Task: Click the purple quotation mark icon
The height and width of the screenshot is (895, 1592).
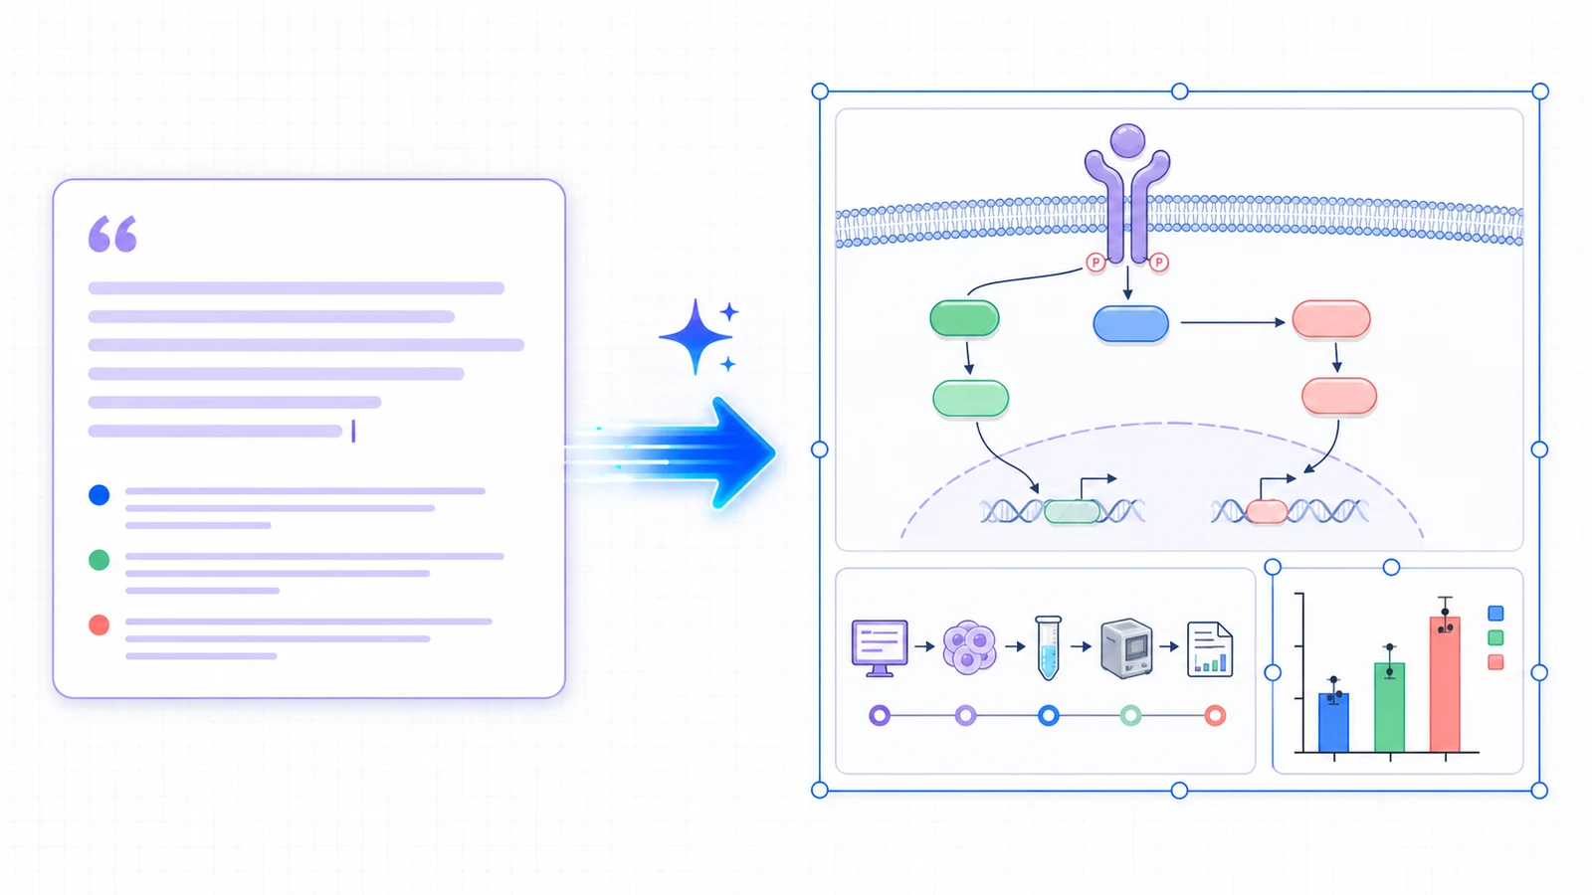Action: (x=112, y=234)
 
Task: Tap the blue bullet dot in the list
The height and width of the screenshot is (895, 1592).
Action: (x=99, y=494)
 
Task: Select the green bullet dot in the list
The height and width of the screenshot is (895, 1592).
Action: (x=99, y=560)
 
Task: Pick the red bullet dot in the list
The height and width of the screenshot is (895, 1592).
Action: (x=99, y=626)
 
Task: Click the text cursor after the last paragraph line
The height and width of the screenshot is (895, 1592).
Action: (x=353, y=432)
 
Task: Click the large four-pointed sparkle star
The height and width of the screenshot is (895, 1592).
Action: (x=696, y=337)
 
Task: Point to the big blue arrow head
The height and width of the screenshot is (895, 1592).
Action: (x=742, y=453)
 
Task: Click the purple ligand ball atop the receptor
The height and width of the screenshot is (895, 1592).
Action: (x=1127, y=140)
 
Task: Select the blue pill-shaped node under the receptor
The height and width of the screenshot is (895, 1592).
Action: (x=1130, y=324)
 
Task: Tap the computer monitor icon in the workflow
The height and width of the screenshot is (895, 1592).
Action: (x=880, y=647)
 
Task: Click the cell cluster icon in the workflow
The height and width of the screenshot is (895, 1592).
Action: (x=969, y=647)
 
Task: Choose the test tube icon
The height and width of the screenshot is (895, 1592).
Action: (x=1049, y=647)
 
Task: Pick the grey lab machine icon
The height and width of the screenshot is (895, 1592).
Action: (x=1126, y=647)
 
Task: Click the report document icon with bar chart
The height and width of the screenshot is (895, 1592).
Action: (x=1210, y=649)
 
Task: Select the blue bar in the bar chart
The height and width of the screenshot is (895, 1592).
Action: (x=1334, y=722)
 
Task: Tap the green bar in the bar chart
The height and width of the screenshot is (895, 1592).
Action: (x=1389, y=707)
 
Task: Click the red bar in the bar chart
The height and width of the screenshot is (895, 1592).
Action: (x=1445, y=684)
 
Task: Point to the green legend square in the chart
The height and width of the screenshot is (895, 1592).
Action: (x=1495, y=637)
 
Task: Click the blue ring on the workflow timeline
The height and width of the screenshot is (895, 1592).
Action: (x=1049, y=715)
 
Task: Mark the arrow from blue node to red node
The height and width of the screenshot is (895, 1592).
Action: (x=1233, y=322)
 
